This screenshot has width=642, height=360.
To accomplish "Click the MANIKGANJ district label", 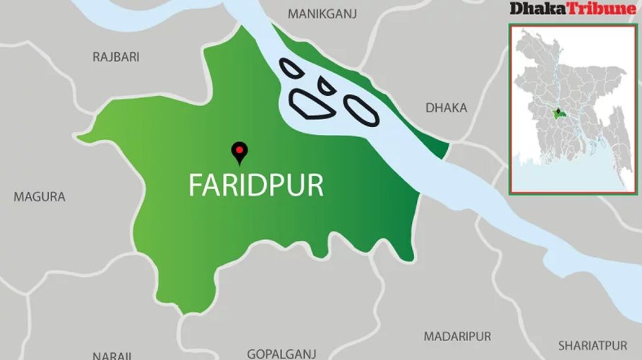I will [323, 13].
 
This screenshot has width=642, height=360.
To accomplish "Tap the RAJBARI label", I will [116, 56].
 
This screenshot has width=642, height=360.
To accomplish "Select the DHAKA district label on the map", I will [446, 108].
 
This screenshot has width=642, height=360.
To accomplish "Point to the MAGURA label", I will [40, 197].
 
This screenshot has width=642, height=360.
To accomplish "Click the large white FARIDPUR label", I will [255, 185].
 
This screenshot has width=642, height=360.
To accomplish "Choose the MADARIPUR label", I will [457, 337].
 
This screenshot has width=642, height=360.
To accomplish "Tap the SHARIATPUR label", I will [592, 346].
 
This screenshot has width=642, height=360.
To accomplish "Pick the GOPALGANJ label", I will [281, 354].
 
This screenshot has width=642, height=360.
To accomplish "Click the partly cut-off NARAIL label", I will [111, 355].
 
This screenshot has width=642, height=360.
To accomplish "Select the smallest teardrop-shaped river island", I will [327, 86].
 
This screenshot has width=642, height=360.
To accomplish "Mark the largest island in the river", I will [311, 104].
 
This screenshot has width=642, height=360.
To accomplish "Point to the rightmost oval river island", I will [361, 110].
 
